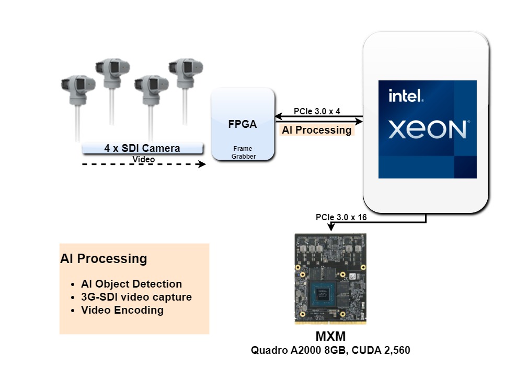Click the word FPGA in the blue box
pyautogui.click(x=243, y=125)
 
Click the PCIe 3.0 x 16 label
pyautogui.click(x=341, y=217)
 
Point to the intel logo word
pyautogui.click(x=406, y=96)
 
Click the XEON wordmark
pyautogui.click(x=428, y=129)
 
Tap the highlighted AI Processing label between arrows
pyautogui.click(x=317, y=130)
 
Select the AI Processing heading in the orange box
pyautogui.click(x=104, y=258)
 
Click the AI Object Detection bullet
pyautogui.click(x=131, y=284)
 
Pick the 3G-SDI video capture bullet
pyautogui.click(x=136, y=297)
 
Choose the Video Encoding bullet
pyautogui.click(x=122, y=310)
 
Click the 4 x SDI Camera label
pyautogui.click(x=142, y=148)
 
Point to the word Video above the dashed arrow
pyautogui.click(x=143, y=159)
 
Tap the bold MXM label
pyautogui.click(x=330, y=336)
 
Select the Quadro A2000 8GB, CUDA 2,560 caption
pyautogui.click(x=330, y=350)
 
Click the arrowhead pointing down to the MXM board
pyautogui.click(x=330, y=228)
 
